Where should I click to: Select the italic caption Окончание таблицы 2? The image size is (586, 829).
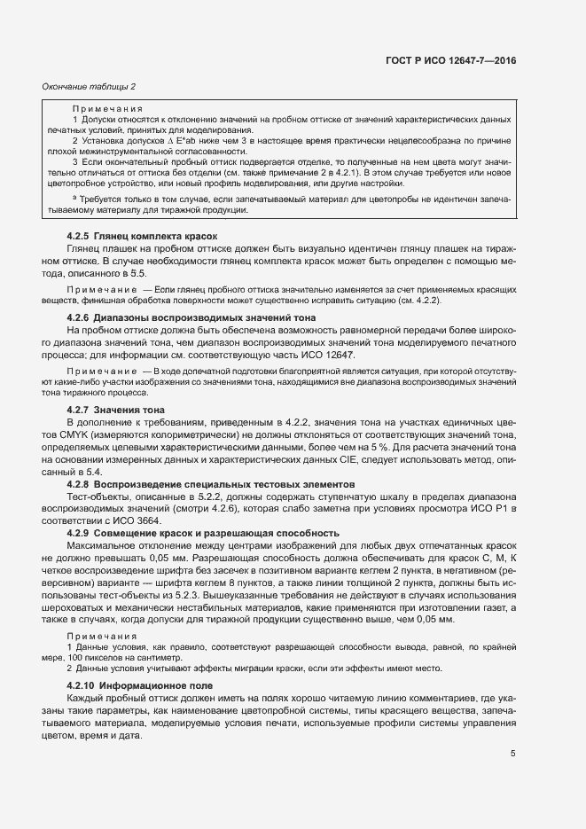click(x=89, y=86)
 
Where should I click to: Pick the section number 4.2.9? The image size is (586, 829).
click(x=82, y=533)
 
